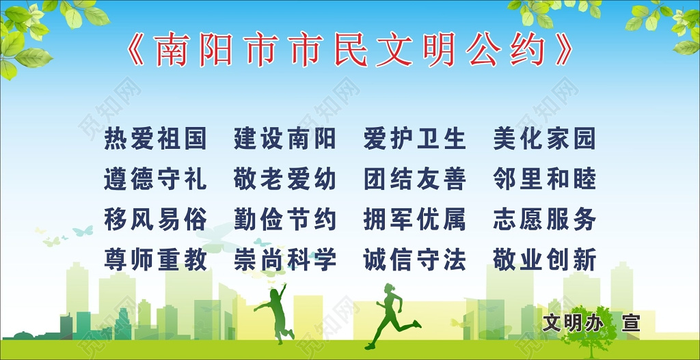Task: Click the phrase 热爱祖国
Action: (155, 139)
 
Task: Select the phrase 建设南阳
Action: (285, 139)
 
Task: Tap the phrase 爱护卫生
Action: (415, 139)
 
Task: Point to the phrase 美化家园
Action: (544, 139)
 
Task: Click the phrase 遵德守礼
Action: (155, 179)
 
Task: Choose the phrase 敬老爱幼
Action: (285, 179)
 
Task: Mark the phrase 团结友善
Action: (415, 179)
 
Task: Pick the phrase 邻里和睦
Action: (544, 179)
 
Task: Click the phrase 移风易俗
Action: (155, 219)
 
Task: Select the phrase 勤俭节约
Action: (285, 219)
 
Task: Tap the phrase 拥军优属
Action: (415, 219)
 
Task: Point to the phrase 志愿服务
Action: (544, 219)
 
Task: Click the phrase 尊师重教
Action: (155, 260)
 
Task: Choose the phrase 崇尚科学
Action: (285, 260)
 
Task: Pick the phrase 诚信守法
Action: (415, 260)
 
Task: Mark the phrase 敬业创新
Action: (544, 260)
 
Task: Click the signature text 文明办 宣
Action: (591, 322)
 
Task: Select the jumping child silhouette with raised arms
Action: (277, 311)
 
